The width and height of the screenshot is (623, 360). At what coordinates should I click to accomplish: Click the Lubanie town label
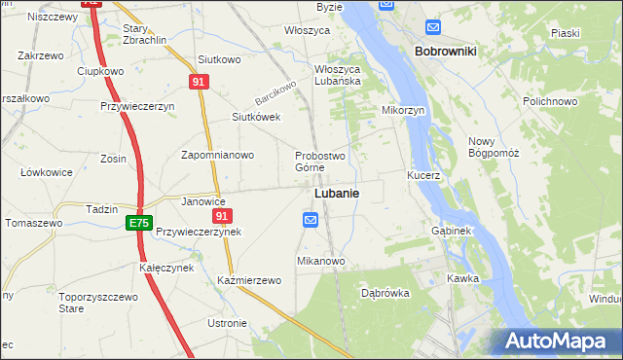pyautogui.click(x=336, y=194)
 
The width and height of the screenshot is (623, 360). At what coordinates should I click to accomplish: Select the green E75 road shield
pyautogui.click(x=138, y=223)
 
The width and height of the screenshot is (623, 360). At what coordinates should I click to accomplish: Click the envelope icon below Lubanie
pyautogui.click(x=310, y=221)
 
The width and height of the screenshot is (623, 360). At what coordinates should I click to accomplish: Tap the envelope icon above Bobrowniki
pyautogui.click(x=432, y=26)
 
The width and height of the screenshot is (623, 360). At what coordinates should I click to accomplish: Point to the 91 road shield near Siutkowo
pyautogui.click(x=199, y=83)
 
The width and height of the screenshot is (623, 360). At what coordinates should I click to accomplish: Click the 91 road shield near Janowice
pyautogui.click(x=223, y=216)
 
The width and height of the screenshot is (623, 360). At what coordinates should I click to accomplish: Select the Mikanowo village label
pyautogui.click(x=321, y=262)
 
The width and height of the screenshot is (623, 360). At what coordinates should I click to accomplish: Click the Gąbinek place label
pyautogui.click(x=451, y=232)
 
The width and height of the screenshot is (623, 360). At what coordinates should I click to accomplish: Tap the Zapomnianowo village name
pyautogui.click(x=218, y=155)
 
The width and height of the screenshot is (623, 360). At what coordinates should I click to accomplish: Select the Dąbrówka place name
pyautogui.click(x=385, y=292)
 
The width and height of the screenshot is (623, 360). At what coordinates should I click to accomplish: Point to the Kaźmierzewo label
pyautogui.click(x=249, y=280)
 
